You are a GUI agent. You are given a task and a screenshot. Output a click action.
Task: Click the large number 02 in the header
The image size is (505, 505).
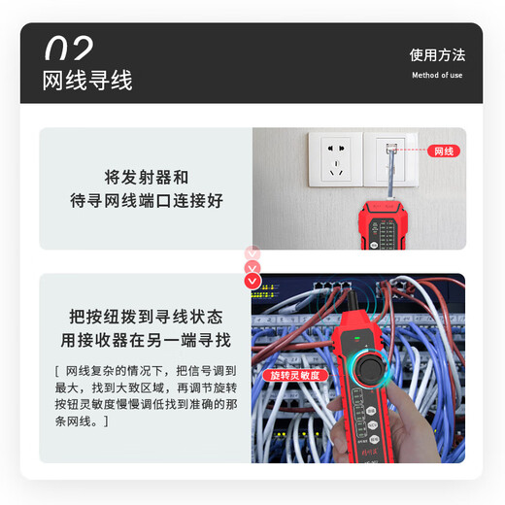(x=69, y=49)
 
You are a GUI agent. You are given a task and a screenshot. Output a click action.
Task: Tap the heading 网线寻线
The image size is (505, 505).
(x=87, y=80)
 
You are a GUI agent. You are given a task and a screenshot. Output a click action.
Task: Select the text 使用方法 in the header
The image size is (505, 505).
(x=437, y=54)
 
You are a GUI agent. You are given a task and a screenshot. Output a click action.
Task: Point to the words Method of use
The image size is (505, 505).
(x=437, y=75)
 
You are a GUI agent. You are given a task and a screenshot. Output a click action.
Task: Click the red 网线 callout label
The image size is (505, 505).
(x=444, y=151)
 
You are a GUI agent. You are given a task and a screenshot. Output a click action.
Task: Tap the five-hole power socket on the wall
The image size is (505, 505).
(x=336, y=160)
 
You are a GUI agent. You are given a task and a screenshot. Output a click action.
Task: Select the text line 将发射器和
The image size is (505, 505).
(x=146, y=178)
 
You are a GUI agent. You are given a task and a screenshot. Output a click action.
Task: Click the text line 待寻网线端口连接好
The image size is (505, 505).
(x=146, y=201)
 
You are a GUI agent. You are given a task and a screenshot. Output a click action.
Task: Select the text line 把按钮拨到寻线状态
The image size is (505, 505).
(x=146, y=318)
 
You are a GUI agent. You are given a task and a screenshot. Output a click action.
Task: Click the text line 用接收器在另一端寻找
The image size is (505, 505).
(x=146, y=341)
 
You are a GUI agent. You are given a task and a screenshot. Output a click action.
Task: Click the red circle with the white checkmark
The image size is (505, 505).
(x=252, y=282)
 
